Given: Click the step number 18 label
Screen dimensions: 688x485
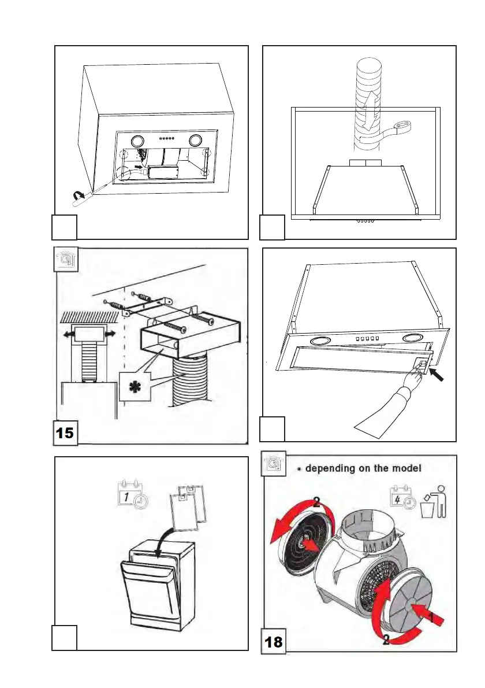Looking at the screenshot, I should tap(274, 641).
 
